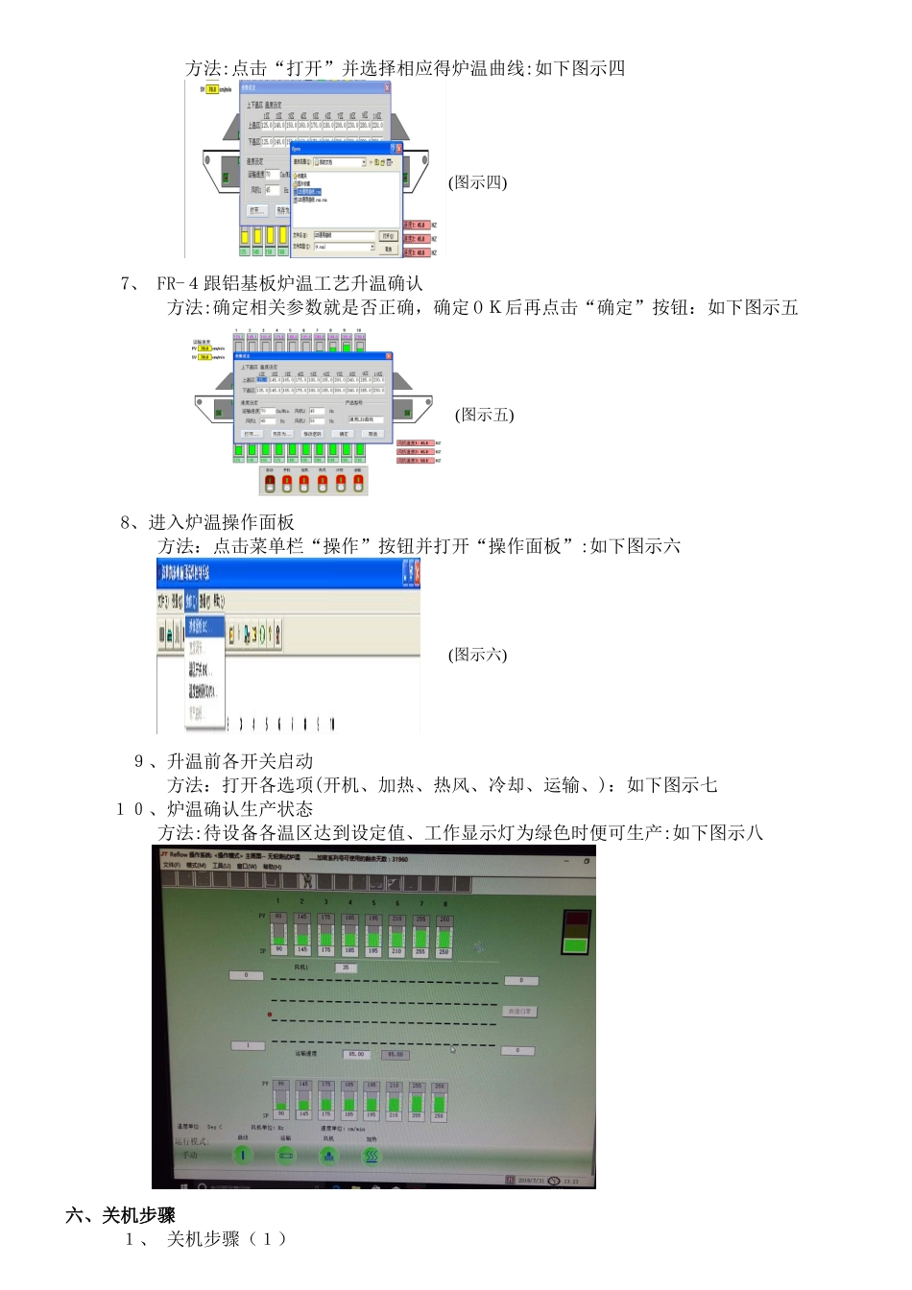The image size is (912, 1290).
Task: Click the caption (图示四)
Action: [477, 182]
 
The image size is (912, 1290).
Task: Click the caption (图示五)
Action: [484, 415]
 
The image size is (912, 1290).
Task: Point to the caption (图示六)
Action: [477, 655]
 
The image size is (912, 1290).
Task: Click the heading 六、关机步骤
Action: [120, 1215]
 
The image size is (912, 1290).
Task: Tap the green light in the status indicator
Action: [575, 945]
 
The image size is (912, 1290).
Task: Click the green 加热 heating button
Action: [371, 1156]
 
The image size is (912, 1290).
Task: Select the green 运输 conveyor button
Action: [286, 1156]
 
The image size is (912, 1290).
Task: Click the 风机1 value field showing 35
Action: [346, 967]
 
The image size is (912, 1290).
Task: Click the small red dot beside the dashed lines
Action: [270, 1015]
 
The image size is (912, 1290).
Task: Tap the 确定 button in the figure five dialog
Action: [344, 434]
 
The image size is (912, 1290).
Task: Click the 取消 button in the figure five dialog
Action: [372, 434]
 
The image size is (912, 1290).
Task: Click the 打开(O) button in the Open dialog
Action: [388, 235]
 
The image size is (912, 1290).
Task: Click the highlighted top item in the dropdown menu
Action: [204, 626]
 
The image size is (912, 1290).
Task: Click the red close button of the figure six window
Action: [414, 572]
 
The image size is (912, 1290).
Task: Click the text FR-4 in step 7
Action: [178, 283]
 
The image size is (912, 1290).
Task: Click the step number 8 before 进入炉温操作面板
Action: [126, 522]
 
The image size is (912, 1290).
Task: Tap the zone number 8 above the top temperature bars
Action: [444, 903]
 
